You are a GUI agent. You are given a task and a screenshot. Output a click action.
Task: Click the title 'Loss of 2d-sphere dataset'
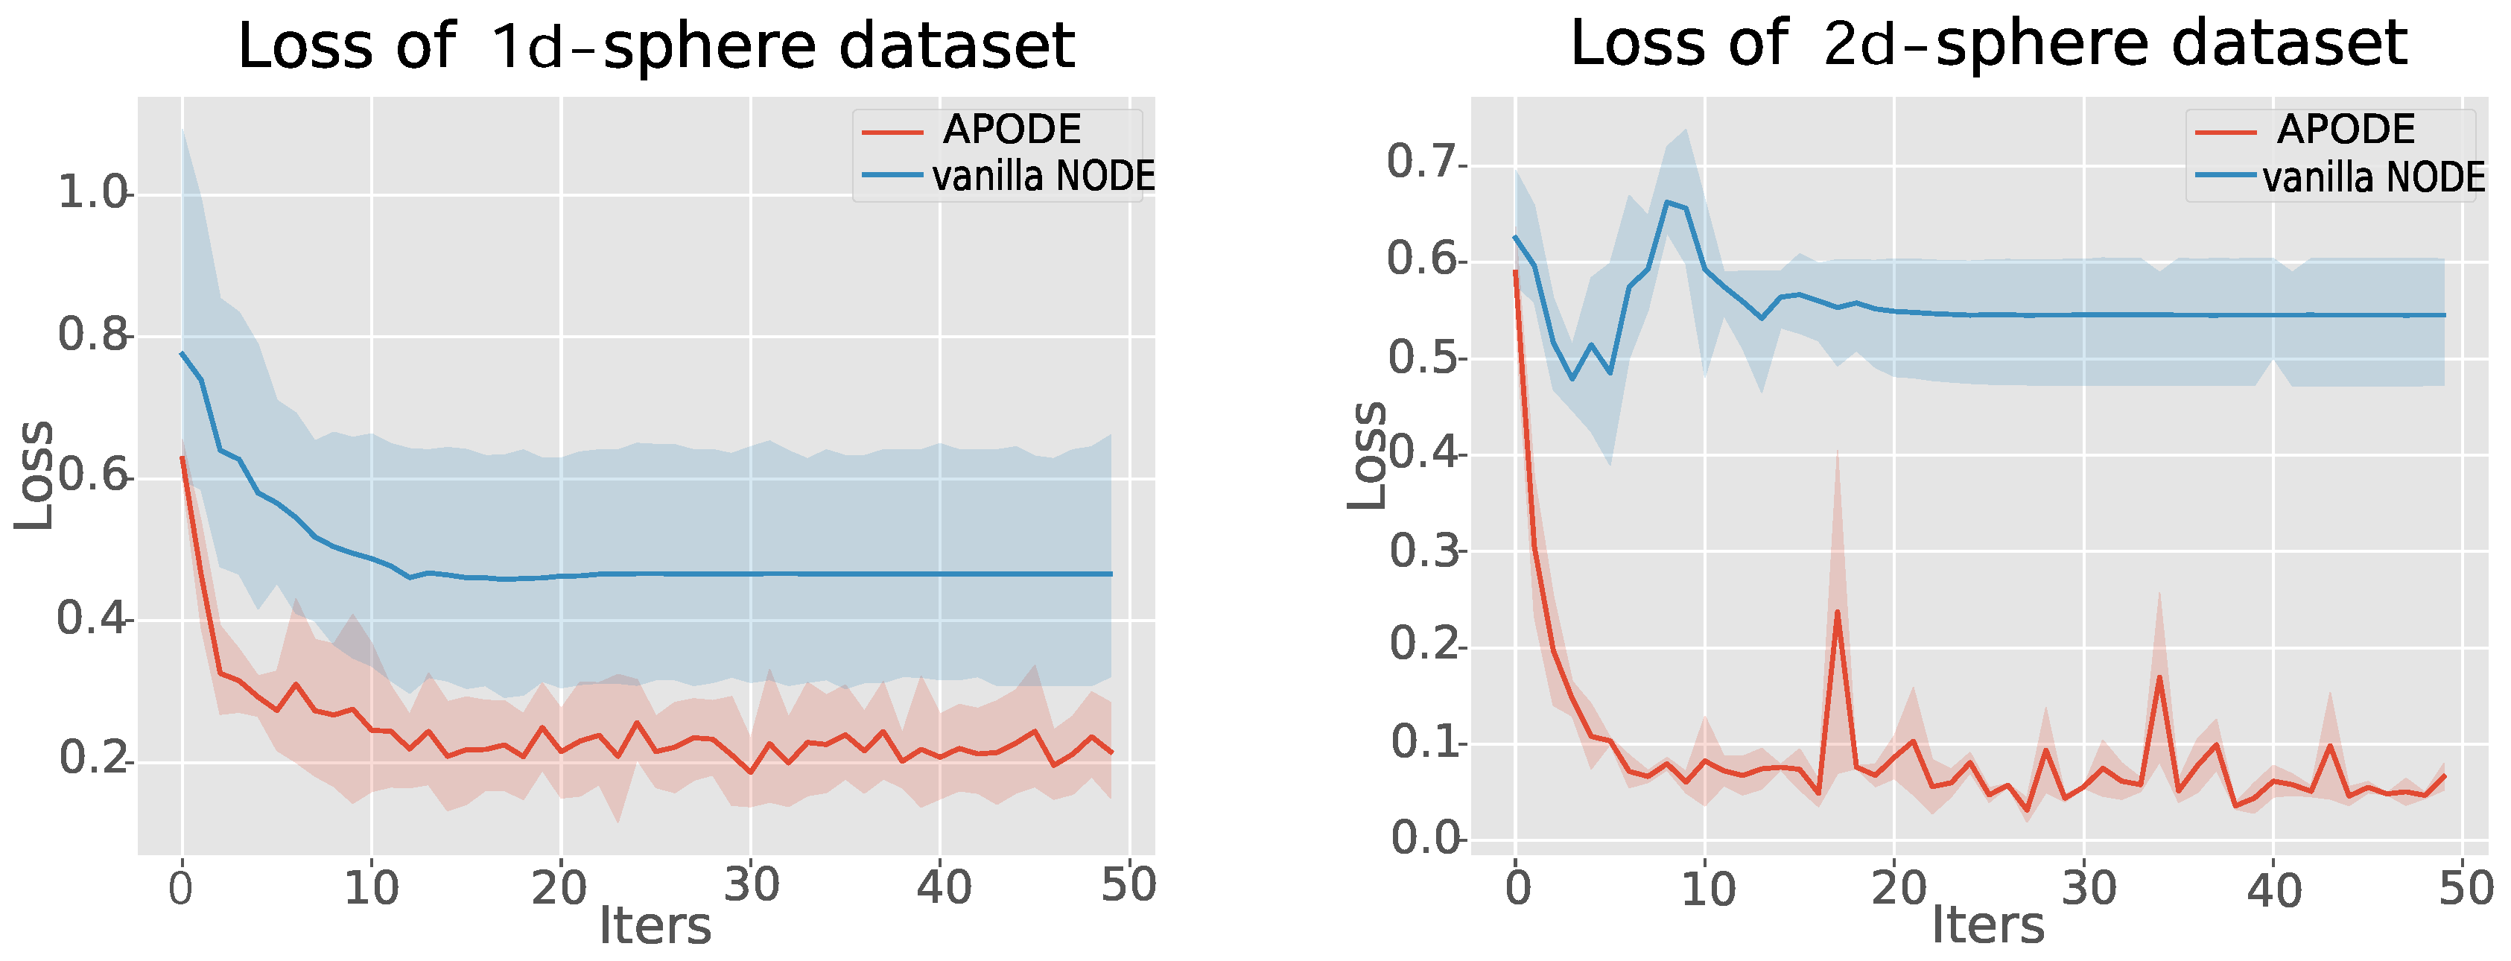(x=1989, y=44)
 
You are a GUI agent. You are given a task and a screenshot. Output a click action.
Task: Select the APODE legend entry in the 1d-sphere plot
(x=1011, y=130)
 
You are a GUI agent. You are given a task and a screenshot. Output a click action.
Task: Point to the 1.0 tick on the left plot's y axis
(x=92, y=193)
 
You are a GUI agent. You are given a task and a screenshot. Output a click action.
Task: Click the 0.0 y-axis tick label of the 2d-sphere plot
(x=1424, y=838)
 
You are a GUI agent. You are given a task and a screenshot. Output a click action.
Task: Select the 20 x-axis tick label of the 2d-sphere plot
(x=1898, y=889)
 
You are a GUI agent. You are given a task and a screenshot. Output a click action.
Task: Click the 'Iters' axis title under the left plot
(x=654, y=926)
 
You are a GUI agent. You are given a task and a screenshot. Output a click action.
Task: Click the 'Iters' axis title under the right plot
(x=1987, y=926)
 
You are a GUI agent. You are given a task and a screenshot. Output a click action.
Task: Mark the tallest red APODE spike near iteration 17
(x=1836, y=612)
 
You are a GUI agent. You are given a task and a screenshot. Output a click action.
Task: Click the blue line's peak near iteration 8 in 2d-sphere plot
(x=1667, y=202)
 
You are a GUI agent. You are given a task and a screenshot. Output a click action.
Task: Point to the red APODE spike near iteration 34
(x=2159, y=677)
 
